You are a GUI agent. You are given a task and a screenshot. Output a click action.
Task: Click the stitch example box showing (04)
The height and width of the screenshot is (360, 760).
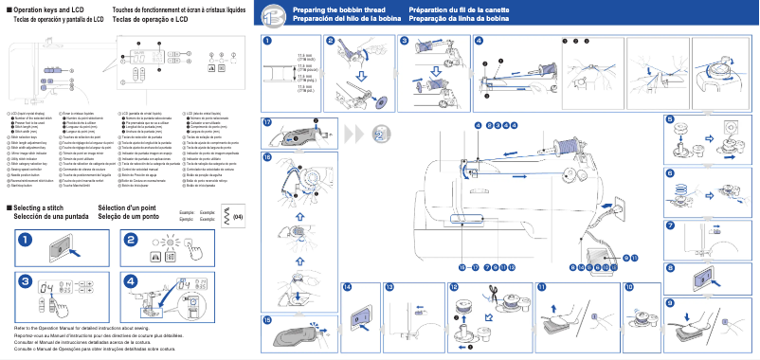point(232,216)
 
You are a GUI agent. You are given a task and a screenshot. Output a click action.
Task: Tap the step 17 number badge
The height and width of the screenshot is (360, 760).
point(267,123)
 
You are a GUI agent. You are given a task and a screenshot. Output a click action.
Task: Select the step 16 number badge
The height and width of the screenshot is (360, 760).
point(267,156)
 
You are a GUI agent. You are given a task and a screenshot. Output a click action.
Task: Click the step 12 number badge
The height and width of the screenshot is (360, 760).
point(453,286)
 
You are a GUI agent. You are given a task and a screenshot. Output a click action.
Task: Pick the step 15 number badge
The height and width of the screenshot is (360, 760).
point(267,319)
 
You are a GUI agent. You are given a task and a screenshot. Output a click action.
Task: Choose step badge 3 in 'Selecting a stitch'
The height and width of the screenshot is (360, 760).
point(23,281)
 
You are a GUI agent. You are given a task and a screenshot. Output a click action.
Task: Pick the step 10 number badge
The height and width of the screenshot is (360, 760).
point(629,286)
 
